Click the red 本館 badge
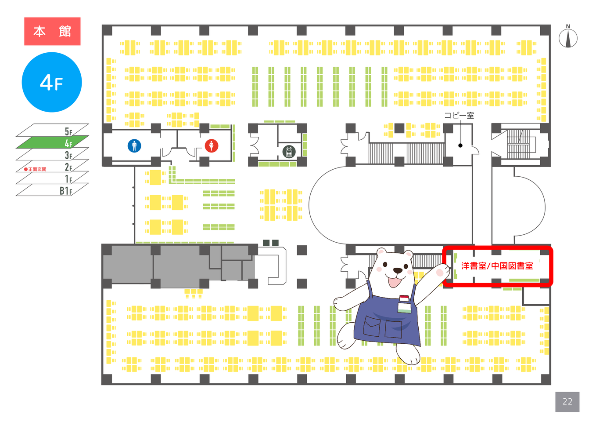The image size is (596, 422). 52,31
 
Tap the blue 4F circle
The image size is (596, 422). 52,82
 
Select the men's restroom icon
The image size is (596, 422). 134,146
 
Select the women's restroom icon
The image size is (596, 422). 212,146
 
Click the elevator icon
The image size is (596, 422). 289,151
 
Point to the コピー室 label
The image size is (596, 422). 459,116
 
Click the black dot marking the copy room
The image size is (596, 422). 460,146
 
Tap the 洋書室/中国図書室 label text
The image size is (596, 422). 497,266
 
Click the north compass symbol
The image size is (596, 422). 568,38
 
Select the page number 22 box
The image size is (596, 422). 567,401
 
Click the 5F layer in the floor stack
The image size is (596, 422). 53,131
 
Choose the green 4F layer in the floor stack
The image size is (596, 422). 52,142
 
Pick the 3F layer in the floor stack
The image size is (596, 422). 53,154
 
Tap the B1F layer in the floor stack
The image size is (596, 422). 53,190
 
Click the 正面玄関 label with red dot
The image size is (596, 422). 36,169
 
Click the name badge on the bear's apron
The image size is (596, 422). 405,304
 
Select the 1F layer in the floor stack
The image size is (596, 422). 53,178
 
